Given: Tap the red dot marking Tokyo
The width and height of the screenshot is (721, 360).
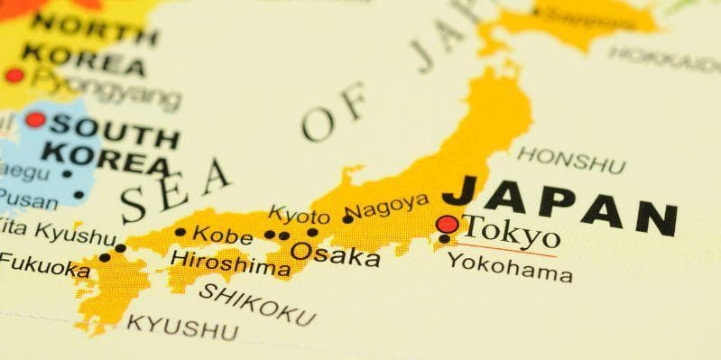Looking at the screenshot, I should pyautogui.click(x=447, y=224).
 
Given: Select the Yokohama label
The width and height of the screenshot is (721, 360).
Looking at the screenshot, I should pyautogui.click(x=510, y=267).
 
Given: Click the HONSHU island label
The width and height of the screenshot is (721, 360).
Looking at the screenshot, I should pyautogui.click(x=570, y=160).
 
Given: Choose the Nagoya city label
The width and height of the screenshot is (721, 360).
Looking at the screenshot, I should pyautogui.click(x=386, y=208).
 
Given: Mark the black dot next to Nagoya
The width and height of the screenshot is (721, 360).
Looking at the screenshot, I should pyautogui.click(x=347, y=218).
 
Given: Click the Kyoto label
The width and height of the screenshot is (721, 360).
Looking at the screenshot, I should pyautogui.click(x=300, y=216).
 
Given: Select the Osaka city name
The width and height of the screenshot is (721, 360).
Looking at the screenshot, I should pyautogui.click(x=335, y=254).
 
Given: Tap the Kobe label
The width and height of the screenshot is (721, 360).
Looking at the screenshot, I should pyautogui.click(x=223, y=234).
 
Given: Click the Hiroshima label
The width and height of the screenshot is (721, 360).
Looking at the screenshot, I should pyautogui.click(x=224, y=263).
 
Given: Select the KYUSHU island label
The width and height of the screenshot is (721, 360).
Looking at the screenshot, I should pyautogui.click(x=182, y=326).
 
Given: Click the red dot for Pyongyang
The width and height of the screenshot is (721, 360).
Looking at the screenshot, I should pyautogui.click(x=14, y=76).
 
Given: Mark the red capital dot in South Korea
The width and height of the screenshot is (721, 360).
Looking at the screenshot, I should pyautogui.click(x=35, y=119).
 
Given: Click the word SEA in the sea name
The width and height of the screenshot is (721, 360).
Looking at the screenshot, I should pyautogui.click(x=175, y=189).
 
